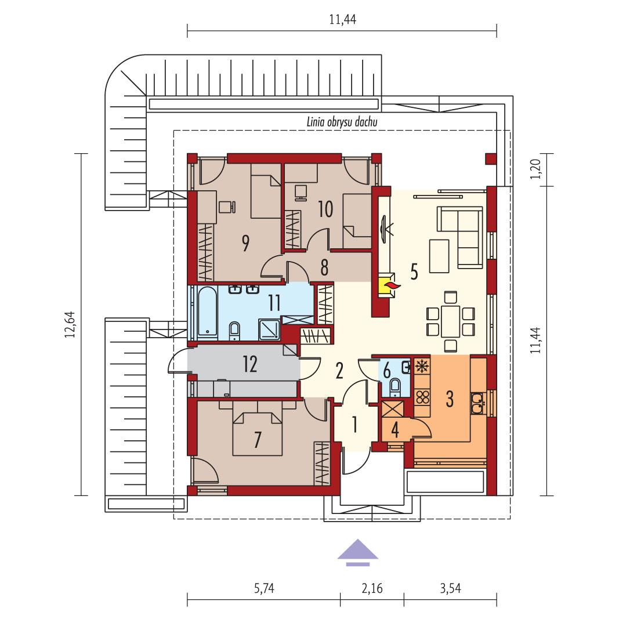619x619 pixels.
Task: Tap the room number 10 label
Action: tap(325, 209)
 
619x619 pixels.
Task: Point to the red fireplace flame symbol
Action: tap(392, 285)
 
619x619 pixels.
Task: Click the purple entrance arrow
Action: tap(358, 551)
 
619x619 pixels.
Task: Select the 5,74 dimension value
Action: tap(263, 589)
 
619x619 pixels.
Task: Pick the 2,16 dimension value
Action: tap(372, 589)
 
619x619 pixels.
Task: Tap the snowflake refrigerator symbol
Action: tap(422, 367)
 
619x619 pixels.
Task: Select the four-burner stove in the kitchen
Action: tap(423, 397)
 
